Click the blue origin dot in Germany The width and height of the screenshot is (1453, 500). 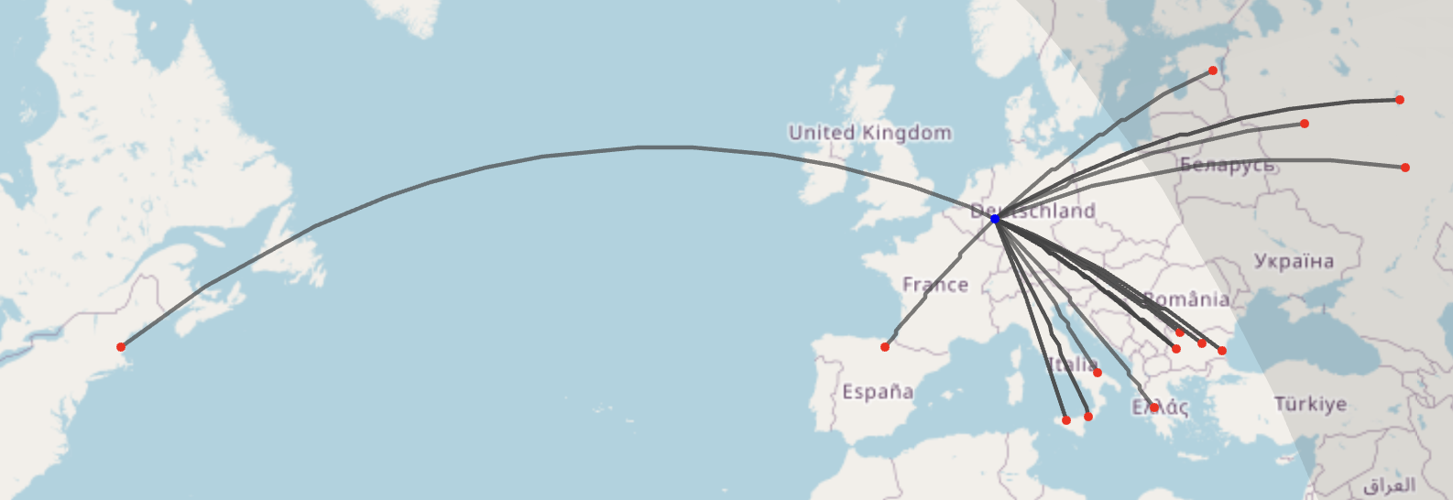pos(995,219)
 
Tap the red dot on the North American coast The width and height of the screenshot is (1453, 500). pos(121,346)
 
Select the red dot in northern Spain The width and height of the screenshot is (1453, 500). pos(885,347)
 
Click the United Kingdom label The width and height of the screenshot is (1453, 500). pos(869,133)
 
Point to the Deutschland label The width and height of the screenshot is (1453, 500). pos(1033,212)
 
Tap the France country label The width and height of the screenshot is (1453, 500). pos(935,285)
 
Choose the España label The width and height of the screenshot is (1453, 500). pos(878,392)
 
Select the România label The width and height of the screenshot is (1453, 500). pos(1186,299)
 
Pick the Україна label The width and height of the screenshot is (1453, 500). pos(1294,261)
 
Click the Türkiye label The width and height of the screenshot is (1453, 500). pos(1310,404)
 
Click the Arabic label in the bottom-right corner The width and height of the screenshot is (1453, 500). pos(1389,485)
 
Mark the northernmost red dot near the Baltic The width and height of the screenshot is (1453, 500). pos(1213,71)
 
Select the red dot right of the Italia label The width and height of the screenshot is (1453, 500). pos(1098,373)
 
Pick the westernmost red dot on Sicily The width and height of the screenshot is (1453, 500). pos(1066,420)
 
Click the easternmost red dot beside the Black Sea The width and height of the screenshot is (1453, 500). pos(1222,351)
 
